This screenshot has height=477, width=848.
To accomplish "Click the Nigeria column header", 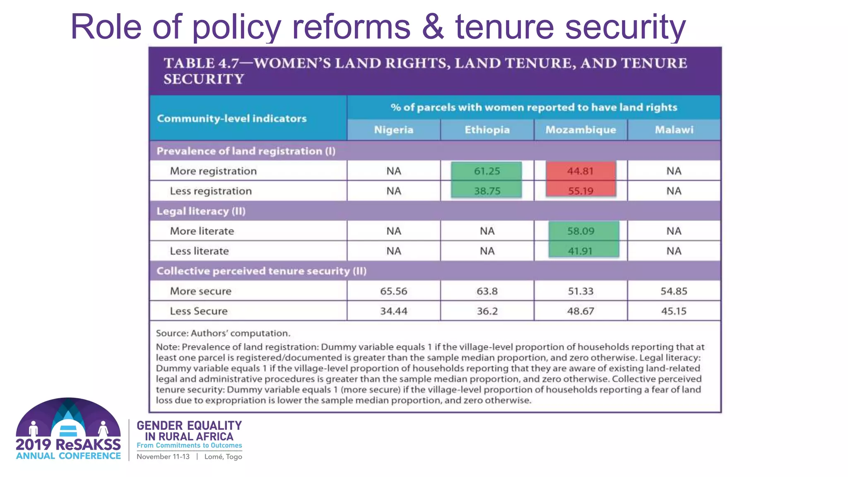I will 394,130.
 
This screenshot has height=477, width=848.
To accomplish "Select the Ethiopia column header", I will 487,130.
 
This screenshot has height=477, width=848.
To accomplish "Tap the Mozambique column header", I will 581,130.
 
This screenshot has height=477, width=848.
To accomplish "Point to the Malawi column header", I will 674,130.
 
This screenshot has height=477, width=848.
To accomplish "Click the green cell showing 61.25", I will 487,171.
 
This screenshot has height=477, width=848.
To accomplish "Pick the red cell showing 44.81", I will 581,171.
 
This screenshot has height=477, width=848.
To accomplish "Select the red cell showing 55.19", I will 581,191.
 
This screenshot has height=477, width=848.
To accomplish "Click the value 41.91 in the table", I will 581,251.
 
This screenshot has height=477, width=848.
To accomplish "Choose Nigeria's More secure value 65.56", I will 394,291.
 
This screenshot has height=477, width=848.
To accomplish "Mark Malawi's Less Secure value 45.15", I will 674,311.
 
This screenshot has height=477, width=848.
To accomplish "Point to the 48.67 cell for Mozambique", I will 581,311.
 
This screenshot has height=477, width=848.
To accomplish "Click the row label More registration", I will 213,171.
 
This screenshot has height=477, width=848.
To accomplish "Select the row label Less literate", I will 199,251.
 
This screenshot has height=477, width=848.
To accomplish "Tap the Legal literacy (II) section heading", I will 201,211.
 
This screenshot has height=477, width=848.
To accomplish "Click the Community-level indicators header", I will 232,118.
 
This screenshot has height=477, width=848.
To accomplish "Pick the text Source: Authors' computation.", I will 223,333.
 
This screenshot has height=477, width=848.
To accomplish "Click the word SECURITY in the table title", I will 204,79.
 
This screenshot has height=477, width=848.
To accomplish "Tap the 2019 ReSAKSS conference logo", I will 68,429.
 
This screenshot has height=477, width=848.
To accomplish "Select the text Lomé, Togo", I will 223,457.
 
